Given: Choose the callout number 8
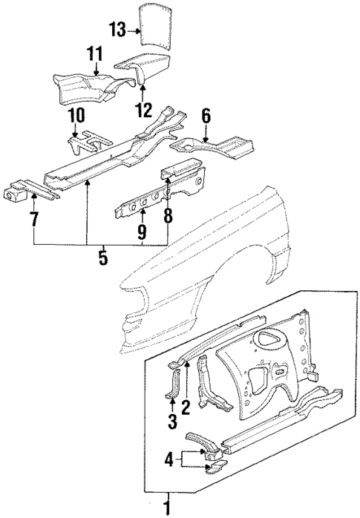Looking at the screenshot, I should (168, 217).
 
